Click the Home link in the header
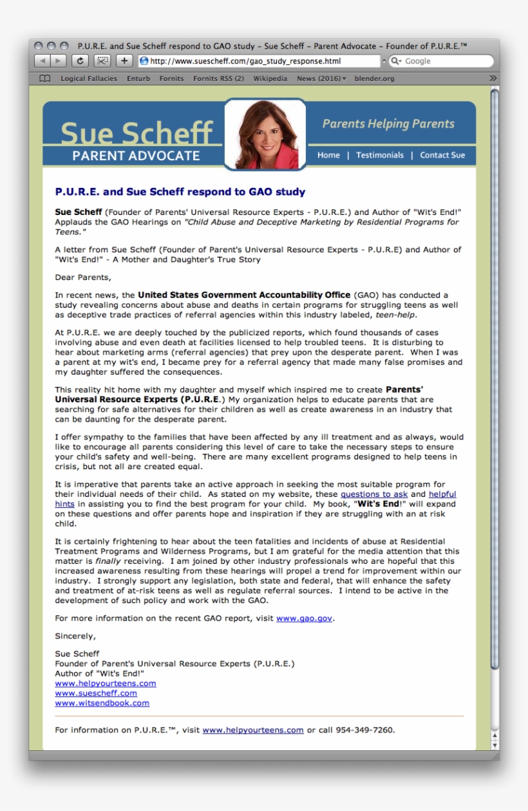pos(328,155)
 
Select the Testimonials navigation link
pos(380,155)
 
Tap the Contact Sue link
pos(442,155)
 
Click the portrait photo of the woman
pos(265,135)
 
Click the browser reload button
pos(80,61)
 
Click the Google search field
pos(444,61)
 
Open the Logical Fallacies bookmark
pos(89,79)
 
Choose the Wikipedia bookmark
pos(270,79)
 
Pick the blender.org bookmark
pos(373,79)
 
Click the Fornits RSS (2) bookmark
pos(218,79)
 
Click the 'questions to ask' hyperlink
pos(374,494)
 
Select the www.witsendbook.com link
pos(102,703)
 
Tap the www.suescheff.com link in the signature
pos(96,693)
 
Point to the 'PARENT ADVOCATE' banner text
pos(136,156)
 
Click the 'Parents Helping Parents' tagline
pos(388,124)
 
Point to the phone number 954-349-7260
pos(364,730)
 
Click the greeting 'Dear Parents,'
pos(83,277)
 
